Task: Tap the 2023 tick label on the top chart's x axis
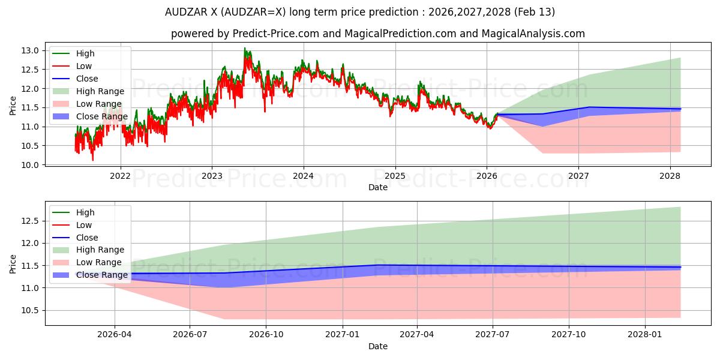(212, 176)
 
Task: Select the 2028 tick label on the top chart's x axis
(670, 176)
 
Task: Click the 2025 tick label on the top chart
(395, 176)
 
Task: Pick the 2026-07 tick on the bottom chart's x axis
(190, 335)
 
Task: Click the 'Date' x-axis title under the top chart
(378, 187)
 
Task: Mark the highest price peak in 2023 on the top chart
(244, 48)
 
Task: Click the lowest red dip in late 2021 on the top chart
(92, 160)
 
